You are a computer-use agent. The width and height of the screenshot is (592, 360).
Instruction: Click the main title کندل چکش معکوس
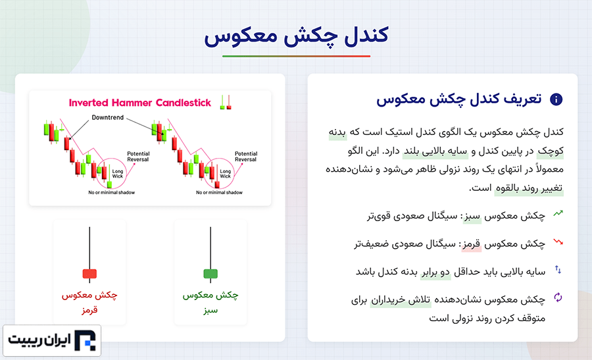(x=296, y=36)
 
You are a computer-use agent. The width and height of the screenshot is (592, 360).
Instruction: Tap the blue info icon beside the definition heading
(x=556, y=99)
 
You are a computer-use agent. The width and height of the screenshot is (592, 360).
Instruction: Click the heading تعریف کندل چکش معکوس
(x=458, y=99)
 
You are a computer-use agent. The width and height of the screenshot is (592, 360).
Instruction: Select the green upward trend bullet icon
(x=558, y=213)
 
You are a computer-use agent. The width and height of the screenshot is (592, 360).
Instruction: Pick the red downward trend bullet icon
(x=558, y=242)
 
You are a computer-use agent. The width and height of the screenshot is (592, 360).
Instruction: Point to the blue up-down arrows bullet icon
(x=558, y=270)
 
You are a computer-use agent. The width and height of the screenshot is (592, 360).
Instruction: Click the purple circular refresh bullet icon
(x=558, y=297)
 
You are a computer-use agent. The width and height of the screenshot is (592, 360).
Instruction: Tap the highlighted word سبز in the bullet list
(x=472, y=217)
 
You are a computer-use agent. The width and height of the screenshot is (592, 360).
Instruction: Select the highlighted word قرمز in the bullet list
(x=472, y=245)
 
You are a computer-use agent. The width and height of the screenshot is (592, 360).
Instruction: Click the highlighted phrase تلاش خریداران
(x=401, y=300)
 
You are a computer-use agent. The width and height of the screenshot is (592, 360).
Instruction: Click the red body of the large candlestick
(x=89, y=274)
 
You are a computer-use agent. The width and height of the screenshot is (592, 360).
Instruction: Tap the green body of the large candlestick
(x=210, y=274)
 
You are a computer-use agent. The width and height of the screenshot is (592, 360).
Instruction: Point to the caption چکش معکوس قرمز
(x=89, y=302)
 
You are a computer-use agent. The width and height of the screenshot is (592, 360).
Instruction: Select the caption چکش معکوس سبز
(x=210, y=302)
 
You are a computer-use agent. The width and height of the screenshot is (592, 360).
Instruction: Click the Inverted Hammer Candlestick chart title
(x=139, y=103)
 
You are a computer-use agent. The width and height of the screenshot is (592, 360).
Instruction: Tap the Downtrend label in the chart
(x=108, y=118)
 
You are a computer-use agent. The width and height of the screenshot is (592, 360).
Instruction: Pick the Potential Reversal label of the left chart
(x=138, y=157)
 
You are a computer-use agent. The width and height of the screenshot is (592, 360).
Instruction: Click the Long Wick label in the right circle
(x=226, y=174)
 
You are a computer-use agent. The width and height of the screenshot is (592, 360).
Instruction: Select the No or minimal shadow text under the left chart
(x=111, y=193)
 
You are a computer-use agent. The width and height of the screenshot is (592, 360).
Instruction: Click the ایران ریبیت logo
(x=52, y=340)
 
